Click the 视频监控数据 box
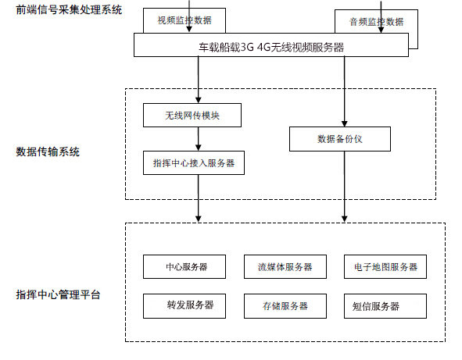point(184,20)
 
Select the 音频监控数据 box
point(376,22)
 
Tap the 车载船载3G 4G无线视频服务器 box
point(271,45)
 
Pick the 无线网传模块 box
point(192,115)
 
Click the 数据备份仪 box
point(340,139)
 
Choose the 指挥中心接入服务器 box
point(194,162)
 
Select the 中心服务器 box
point(184,267)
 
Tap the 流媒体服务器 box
point(285,267)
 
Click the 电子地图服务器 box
point(385,267)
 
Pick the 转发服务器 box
point(184,306)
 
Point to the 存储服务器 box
point(285,306)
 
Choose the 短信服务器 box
point(385,306)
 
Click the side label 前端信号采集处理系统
point(69,9)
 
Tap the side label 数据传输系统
point(48,151)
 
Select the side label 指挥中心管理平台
point(59,294)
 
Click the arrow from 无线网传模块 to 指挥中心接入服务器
point(199,139)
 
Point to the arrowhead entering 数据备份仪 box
point(345,124)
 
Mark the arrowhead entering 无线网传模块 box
point(199,100)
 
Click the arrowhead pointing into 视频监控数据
point(189,29)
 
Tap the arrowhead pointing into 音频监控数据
point(381,30)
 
